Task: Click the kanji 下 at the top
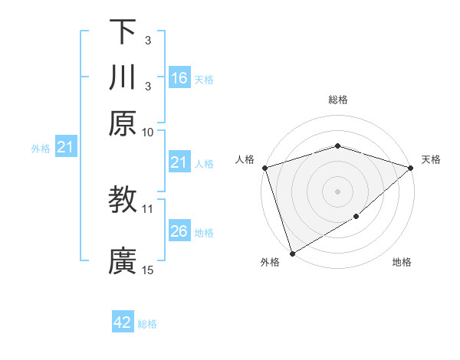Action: coord(123,32)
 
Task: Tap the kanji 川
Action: coord(123,77)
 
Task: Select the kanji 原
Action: coord(123,123)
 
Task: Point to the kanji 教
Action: coord(123,200)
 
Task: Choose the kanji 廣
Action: coord(123,261)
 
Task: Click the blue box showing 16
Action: coord(179,78)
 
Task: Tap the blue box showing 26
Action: coord(179,231)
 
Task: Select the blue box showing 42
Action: coord(123,322)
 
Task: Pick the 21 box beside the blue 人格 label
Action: coord(179,162)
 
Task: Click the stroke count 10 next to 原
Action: coord(148,131)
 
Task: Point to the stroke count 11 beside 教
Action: coord(148,208)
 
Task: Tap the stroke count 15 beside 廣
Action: coord(148,269)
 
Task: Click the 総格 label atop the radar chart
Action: coord(337,100)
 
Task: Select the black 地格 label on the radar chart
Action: coord(402,263)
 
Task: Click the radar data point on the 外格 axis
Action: coord(292,254)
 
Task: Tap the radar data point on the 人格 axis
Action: coord(264,168)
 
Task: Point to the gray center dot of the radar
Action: coord(337,191)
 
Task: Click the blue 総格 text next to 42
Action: coord(147,324)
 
